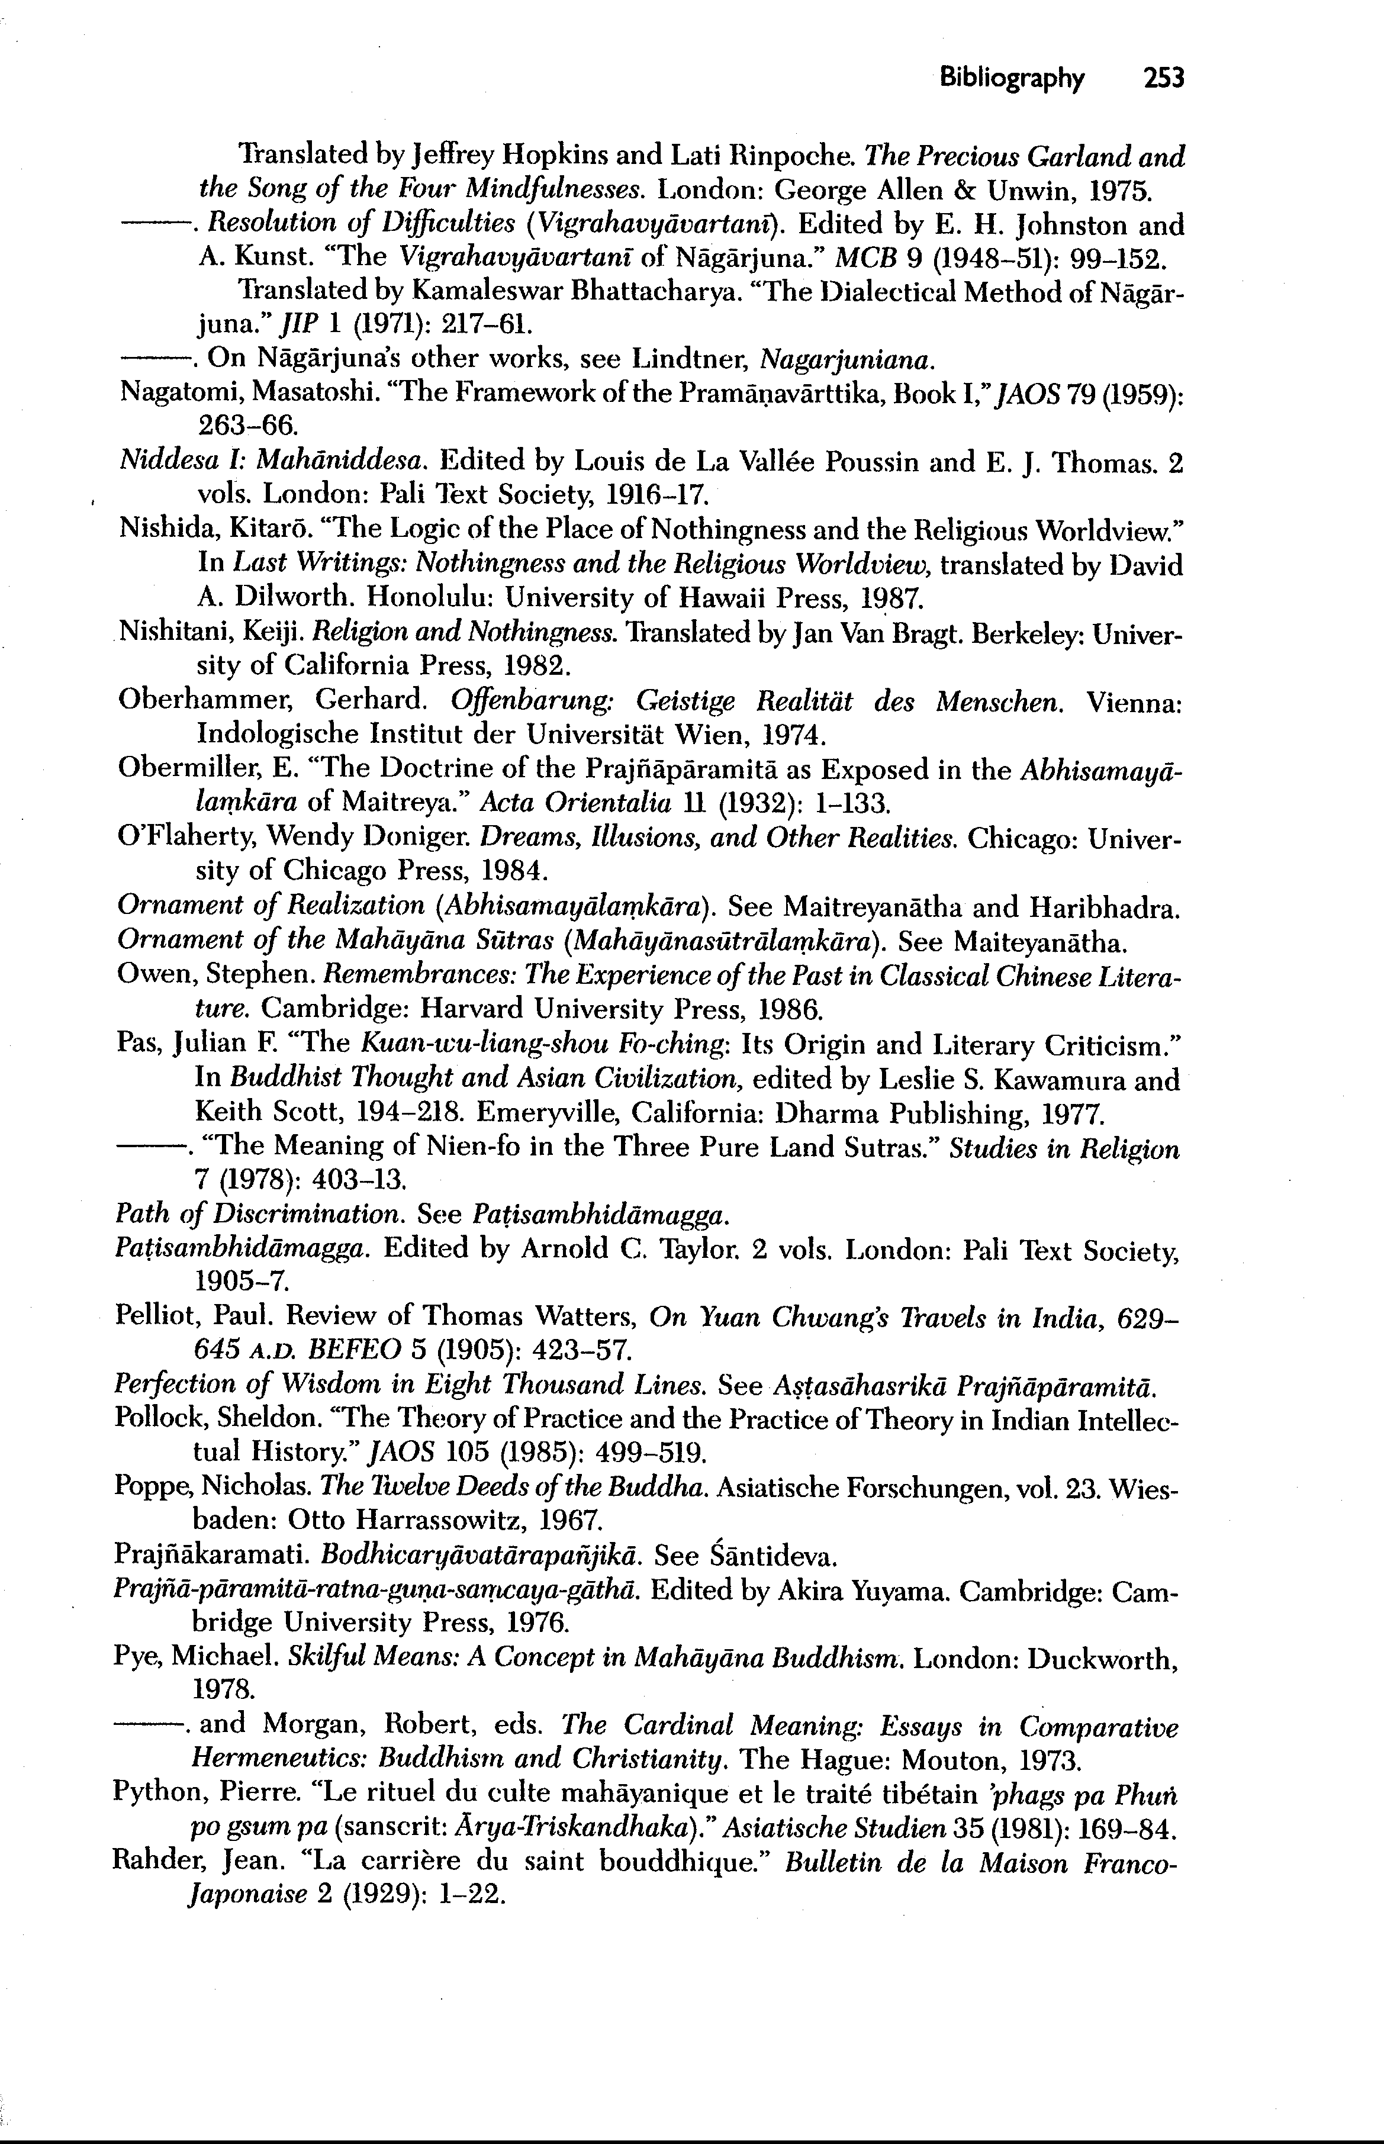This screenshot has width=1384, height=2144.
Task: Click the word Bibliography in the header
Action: tap(1012, 79)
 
